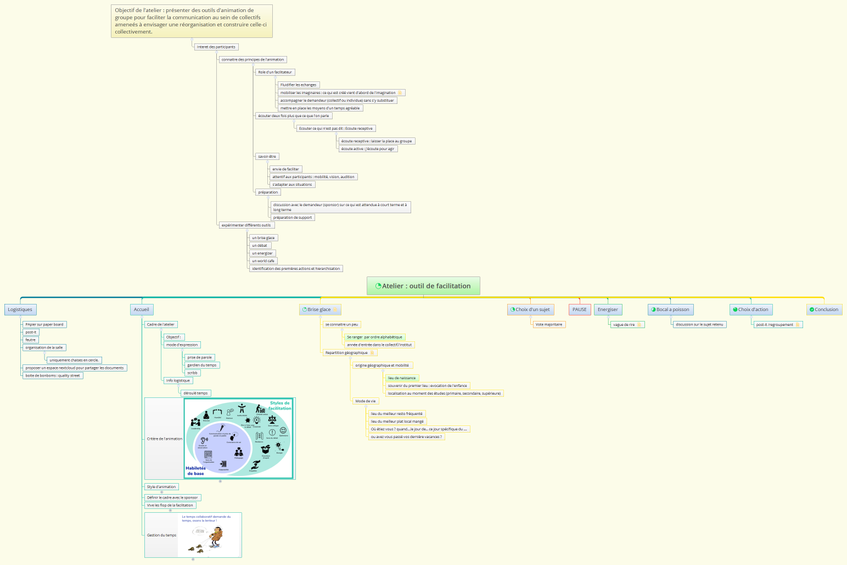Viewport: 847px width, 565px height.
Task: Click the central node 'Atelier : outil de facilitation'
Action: point(423,286)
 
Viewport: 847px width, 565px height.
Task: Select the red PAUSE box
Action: point(580,309)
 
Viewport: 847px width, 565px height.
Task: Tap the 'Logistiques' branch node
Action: point(20,309)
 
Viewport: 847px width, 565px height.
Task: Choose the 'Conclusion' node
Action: point(824,309)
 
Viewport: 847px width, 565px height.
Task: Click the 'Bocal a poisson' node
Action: point(671,309)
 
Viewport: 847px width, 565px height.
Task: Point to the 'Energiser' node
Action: point(608,309)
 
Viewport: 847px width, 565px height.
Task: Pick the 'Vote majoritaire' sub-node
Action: point(549,324)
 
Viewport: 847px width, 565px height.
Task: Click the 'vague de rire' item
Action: point(624,324)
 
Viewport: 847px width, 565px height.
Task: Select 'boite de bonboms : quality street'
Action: point(53,375)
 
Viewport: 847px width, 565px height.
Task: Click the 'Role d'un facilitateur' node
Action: point(275,72)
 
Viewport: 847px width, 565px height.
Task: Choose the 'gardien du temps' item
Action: point(202,365)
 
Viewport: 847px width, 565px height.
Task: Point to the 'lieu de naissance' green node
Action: point(402,378)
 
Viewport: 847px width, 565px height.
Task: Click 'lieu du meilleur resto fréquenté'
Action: point(397,414)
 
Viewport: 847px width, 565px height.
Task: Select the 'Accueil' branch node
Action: point(142,309)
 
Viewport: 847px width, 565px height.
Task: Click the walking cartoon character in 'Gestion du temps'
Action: point(216,536)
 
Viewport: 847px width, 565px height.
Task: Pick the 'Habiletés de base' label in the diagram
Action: point(195,471)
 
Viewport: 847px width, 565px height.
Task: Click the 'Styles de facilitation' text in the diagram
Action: point(280,406)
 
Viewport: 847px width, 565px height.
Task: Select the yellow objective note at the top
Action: point(192,21)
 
